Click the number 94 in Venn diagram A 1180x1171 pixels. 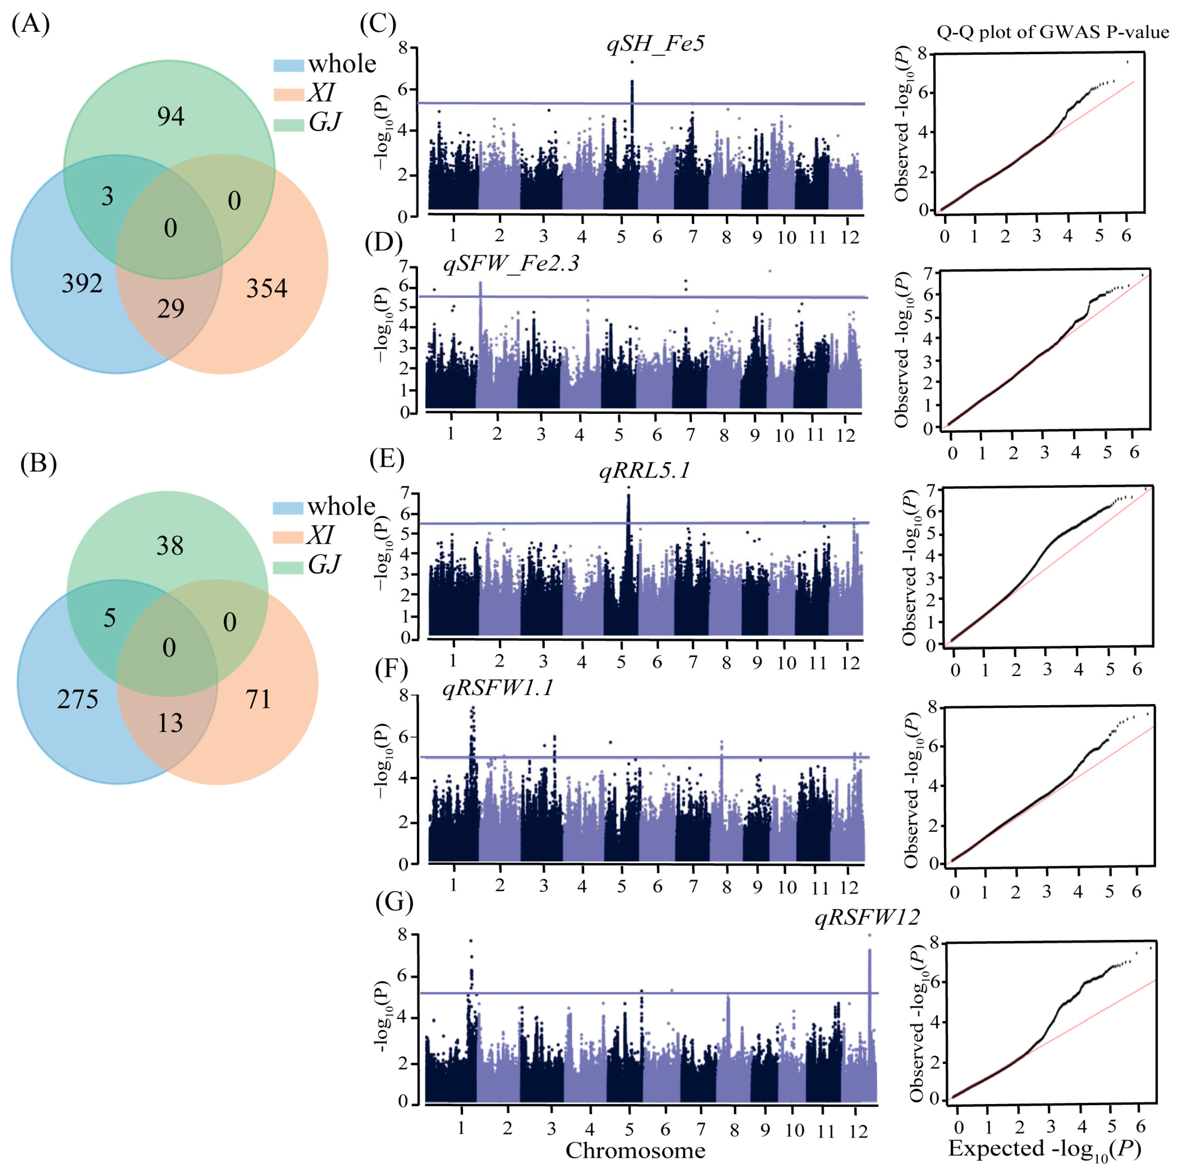pyautogui.click(x=171, y=116)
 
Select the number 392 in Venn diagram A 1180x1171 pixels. pyautogui.click(x=82, y=283)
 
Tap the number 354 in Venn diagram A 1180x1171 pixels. pyautogui.click(x=266, y=288)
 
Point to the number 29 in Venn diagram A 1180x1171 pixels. pyautogui.click(x=171, y=308)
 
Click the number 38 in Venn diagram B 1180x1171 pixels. pyautogui.click(x=170, y=545)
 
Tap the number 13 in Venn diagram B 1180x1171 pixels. pyautogui.click(x=170, y=723)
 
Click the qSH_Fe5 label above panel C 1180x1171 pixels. pyautogui.click(x=655, y=43)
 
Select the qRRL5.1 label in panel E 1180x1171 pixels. pyautogui.click(x=644, y=470)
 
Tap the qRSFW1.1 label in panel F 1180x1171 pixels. pyautogui.click(x=498, y=688)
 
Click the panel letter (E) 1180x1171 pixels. pyautogui.click(x=387, y=459)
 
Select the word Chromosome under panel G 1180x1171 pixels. pyautogui.click(x=635, y=1150)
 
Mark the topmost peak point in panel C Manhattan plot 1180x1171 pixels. pyautogui.click(x=632, y=62)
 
